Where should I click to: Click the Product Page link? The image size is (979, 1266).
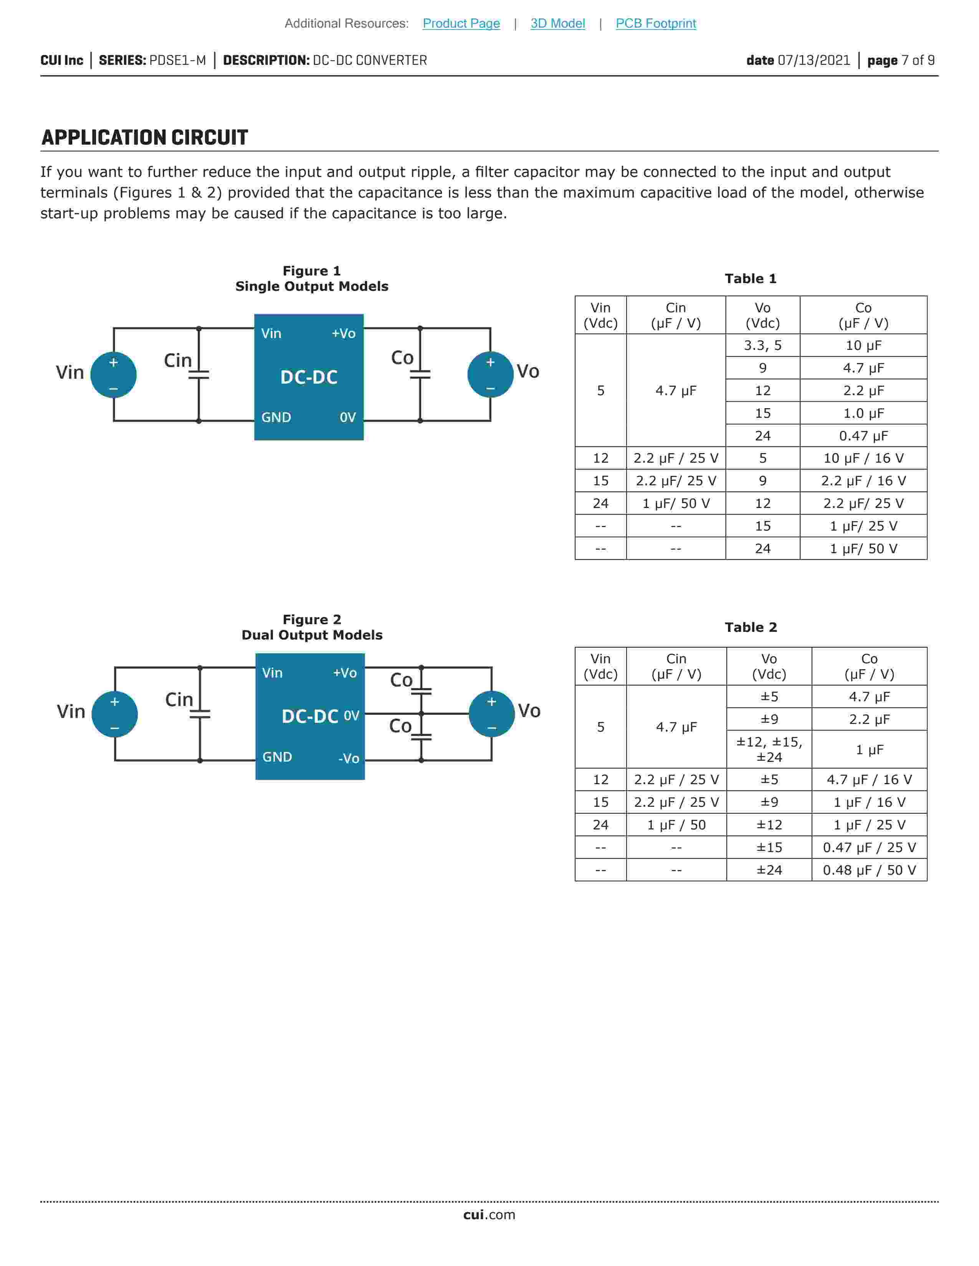pos(461,23)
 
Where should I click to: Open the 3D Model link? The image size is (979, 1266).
pos(557,23)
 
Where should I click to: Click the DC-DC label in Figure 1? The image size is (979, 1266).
pos(309,377)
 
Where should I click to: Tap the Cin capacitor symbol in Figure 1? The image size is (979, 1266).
pos(198,374)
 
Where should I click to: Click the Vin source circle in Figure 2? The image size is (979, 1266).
pos(115,714)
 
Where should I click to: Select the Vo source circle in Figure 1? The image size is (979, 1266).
pos(490,374)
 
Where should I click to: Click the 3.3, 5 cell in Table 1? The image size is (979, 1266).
pos(763,346)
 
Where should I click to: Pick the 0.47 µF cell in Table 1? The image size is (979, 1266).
pos(863,436)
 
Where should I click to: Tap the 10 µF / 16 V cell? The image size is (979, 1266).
pos(863,458)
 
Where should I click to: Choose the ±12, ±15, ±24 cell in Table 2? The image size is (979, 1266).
pos(769,750)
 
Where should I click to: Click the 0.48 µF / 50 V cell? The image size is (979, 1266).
pos(869,870)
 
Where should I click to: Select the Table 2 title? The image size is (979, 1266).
pos(751,627)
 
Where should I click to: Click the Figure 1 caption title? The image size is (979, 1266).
pos(311,271)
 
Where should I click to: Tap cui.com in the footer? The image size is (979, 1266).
pos(489,1215)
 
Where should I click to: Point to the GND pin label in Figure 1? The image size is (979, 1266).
pos(276,417)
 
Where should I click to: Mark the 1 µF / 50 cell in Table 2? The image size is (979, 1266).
pos(676,825)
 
